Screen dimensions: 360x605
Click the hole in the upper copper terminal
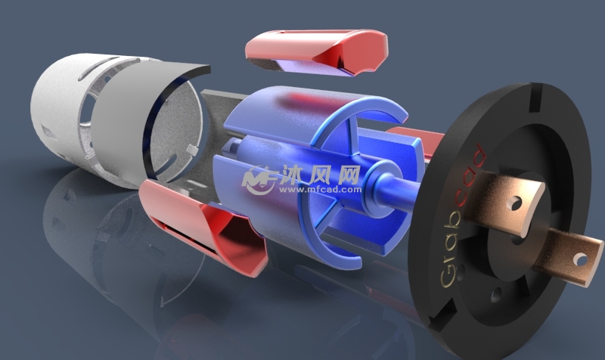[517, 203]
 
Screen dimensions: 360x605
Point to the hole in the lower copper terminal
[580, 259]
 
